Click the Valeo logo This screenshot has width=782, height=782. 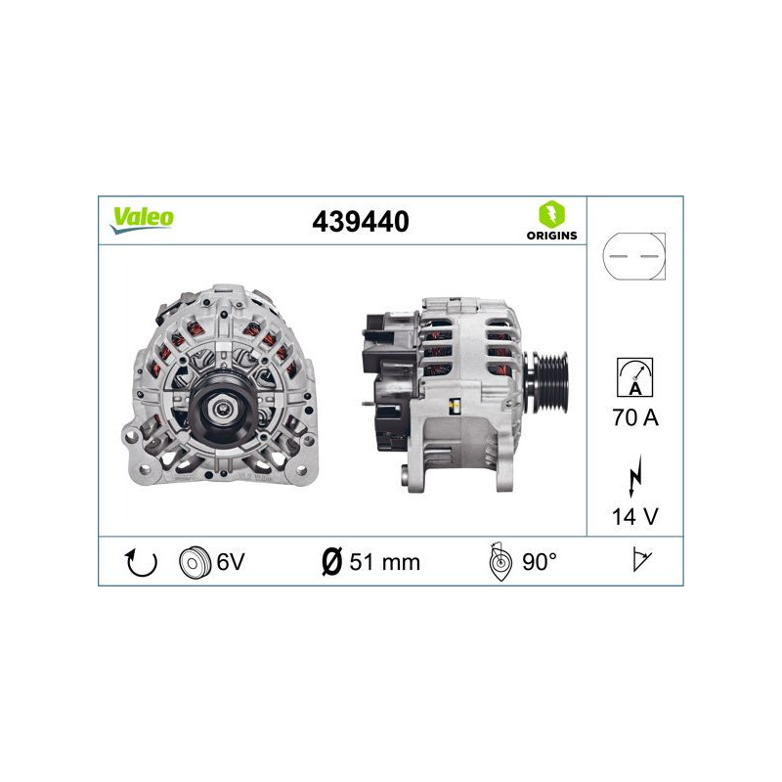(142, 219)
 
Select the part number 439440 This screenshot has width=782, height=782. (360, 222)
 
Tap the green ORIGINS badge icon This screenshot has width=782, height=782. (551, 212)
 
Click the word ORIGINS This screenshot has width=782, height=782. (551, 236)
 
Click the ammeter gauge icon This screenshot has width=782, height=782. (635, 376)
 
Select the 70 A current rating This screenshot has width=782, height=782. (635, 418)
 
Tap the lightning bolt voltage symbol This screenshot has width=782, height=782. (635, 478)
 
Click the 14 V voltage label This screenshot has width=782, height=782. (635, 516)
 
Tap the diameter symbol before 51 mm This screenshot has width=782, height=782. (330, 561)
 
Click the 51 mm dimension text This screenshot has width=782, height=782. (384, 561)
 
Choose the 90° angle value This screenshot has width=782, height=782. (541, 561)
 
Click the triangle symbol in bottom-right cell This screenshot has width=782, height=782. (642, 561)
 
